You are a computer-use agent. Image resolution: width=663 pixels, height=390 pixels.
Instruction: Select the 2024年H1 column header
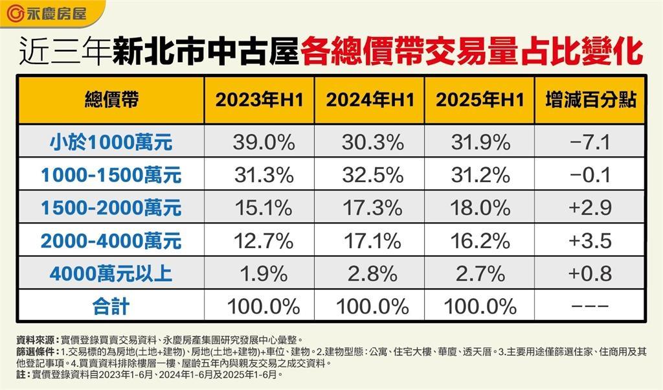(370, 100)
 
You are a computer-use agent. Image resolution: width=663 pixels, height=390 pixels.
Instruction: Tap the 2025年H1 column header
(480, 100)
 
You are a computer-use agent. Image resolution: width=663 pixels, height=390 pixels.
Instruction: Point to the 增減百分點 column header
(589, 100)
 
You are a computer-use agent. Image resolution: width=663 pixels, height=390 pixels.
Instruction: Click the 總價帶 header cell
(111, 100)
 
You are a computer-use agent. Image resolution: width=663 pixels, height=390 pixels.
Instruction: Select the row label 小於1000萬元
(111, 142)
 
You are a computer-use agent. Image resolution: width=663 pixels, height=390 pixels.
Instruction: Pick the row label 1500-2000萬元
(111, 208)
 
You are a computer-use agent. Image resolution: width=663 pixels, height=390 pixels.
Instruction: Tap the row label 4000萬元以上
(111, 273)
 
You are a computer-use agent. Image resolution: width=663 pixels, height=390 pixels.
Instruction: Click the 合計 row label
(111, 306)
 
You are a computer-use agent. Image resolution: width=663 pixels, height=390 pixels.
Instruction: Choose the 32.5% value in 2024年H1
(370, 175)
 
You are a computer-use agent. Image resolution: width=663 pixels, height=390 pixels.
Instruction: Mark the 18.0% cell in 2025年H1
(480, 208)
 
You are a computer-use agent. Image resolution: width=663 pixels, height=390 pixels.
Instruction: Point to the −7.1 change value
(589, 142)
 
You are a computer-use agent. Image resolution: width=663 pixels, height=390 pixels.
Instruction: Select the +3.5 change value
(589, 241)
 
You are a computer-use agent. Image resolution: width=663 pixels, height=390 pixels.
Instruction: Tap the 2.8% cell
(370, 273)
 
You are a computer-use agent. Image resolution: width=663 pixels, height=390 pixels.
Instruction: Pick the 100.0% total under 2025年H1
(480, 306)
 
